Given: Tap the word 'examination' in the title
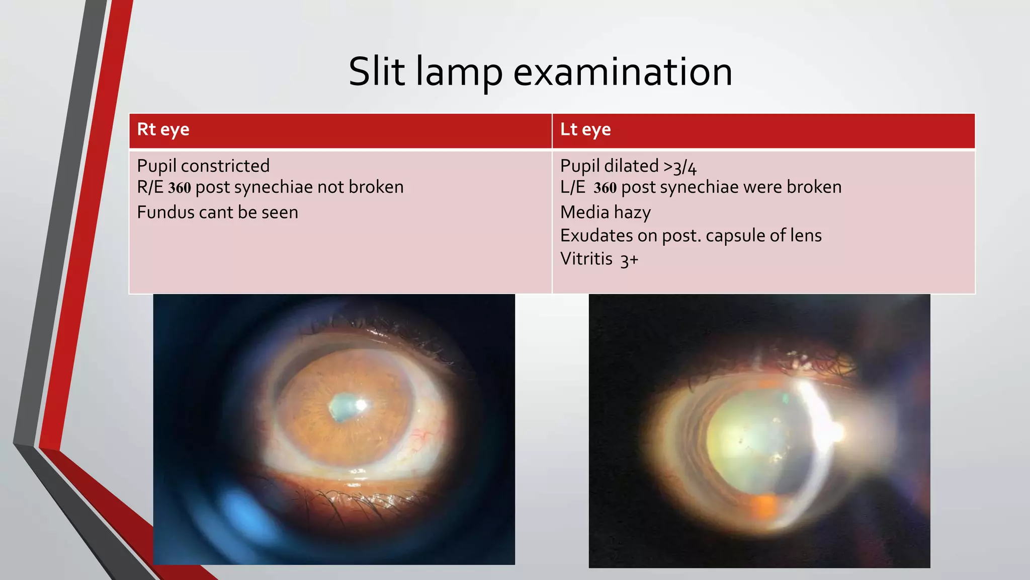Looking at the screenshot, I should click(622, 72).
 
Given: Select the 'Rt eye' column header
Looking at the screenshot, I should click(163, 129).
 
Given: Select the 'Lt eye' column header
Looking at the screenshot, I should click(585, 129).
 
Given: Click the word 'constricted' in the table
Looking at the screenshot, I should click(225, 166).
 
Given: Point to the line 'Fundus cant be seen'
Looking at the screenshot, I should click(217, 212).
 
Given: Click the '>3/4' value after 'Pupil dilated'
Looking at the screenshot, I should click(680, 167).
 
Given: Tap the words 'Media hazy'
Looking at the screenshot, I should click(605, 212).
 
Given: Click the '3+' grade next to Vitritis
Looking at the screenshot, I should click(629, 260).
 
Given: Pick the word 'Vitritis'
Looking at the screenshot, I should click(586, 259).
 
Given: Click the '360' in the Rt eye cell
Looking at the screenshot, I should click(180, 188).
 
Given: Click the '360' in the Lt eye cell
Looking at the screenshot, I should click(605, 188).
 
